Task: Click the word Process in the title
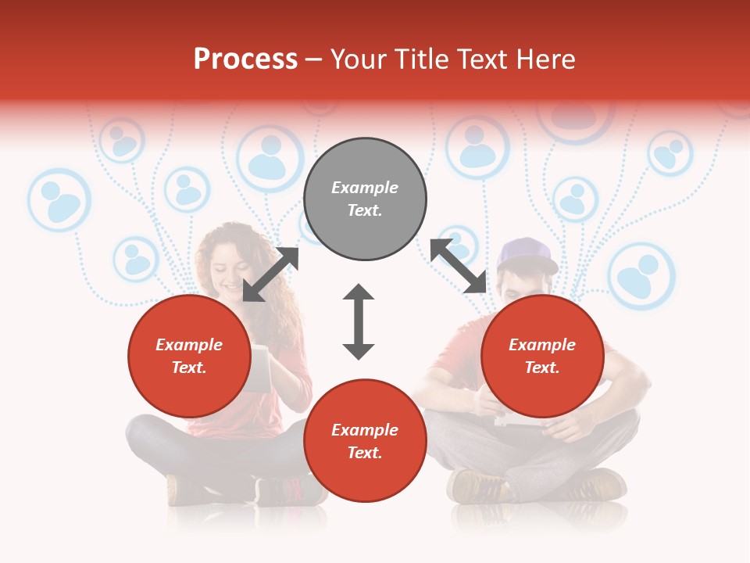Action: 245,59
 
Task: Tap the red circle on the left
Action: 189,356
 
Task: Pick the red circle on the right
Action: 542,356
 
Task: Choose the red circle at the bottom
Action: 365,441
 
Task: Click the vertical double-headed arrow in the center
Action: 359,321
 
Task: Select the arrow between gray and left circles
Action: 270,274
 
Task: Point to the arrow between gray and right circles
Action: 459,267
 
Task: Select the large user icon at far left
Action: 59,201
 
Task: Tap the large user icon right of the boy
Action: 641,276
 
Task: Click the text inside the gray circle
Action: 365,199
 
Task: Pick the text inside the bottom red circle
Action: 365,441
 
